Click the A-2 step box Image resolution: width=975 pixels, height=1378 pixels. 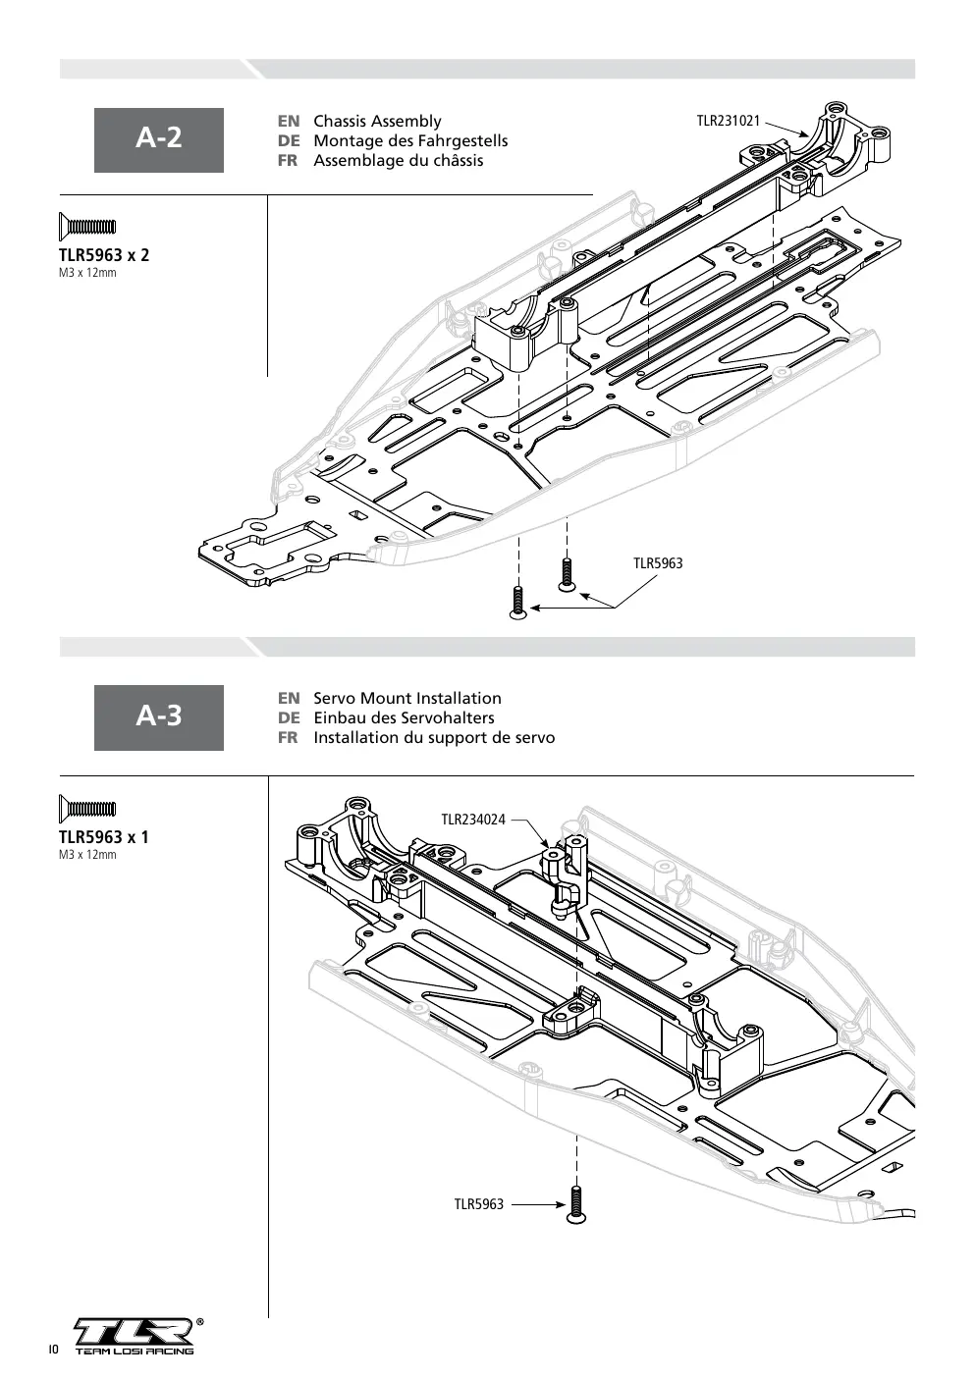159,140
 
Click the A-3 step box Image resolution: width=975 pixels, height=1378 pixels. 159,717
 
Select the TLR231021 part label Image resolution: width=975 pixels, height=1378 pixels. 729,121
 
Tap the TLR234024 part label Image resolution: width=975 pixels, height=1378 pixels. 473,820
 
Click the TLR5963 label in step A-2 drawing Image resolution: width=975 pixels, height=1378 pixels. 658,563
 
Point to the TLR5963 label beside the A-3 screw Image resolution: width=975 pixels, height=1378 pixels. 479,1204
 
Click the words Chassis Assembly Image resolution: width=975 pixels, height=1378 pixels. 377,121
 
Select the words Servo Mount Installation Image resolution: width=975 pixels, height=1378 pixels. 407,698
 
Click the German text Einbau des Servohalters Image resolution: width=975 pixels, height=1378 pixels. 404,717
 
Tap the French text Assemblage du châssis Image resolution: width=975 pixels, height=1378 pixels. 399,161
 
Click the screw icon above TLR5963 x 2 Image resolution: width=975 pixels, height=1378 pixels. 87,227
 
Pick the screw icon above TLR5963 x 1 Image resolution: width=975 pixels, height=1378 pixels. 87,809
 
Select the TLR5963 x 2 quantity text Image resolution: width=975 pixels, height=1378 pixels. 104,255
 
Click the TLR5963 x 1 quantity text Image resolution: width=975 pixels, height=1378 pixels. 104,837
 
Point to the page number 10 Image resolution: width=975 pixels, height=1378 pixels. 53,1350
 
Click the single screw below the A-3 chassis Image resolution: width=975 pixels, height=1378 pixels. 577,1204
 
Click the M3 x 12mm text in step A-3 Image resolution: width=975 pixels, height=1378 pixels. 87,855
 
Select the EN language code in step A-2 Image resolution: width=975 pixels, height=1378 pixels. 289,121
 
